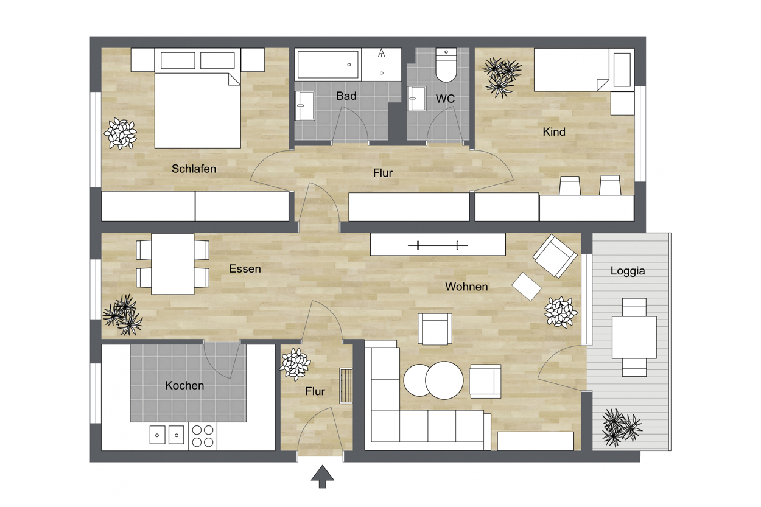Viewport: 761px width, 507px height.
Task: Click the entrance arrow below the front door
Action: click(322, 477)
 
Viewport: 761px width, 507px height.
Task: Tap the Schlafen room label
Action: click(194, 169)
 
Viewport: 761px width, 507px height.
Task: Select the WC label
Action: click(445, 99)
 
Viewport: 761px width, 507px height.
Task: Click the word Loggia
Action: click(628, 271)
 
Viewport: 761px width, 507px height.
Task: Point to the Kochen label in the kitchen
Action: click(184, 385)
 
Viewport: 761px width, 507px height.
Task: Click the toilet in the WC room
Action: click(446, 65)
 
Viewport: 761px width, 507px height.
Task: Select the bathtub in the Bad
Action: click(328, 65)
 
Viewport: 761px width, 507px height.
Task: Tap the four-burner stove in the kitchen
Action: click(203, 436)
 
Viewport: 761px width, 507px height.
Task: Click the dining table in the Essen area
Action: click(172, 264)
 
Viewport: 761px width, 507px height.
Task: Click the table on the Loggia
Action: click(634, 337)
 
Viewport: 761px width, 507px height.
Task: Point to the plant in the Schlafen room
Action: click(121, 133)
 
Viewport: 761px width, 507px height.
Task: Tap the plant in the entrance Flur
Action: click(295, 364)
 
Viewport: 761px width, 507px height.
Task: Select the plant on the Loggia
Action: click(621, 427)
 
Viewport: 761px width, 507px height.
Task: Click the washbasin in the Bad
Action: click(304, 105)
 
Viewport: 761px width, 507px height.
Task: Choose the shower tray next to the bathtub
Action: click(382, 65)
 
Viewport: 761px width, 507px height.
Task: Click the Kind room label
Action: click(554, 131)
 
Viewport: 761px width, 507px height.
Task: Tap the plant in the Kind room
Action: click(502, 77)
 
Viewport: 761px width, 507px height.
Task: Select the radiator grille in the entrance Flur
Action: click(346, 386)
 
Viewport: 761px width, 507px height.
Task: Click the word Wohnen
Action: click(466, 287)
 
